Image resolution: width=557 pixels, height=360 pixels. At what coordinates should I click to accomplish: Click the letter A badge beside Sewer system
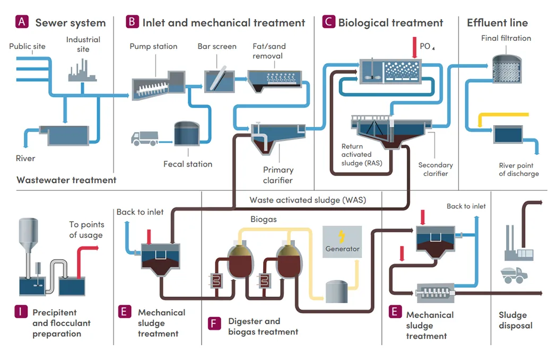pyautogui.click(x=22, y=22)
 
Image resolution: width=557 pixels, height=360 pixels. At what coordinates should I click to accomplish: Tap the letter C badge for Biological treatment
pyautogui.click(x=328, y=22)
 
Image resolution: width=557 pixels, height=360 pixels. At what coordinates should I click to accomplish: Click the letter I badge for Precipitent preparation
pyautogui.click(x=21, y=312)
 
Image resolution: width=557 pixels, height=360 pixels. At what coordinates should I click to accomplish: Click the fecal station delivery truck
pyautogui.click(x=144, y=138)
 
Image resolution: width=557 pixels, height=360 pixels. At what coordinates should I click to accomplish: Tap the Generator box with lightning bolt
pyautogui.click(x=342, y=242)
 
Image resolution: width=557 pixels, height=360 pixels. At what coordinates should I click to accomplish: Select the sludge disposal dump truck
pyautogui.click(x=514, y=275)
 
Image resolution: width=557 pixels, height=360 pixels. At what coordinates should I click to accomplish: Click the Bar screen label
pyautogui.click(x=217, y=47)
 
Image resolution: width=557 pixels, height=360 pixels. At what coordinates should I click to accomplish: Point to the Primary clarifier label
pyautogui.click(x=278, y=175)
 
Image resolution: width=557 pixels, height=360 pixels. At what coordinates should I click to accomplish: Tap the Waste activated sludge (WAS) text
pyautogui.click(x=308, y=200)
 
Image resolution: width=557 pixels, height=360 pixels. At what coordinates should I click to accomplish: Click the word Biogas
pyautogui.click(x=264, y=218)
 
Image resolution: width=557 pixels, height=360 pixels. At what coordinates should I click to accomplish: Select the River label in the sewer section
pyautogui.click(x=25, y=158)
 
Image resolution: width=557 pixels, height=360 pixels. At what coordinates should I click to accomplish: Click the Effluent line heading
pyautogui.click(x=497, y=23)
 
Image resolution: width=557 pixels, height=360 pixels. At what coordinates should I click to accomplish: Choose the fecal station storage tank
pyautogui.click(x=186, y=134)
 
